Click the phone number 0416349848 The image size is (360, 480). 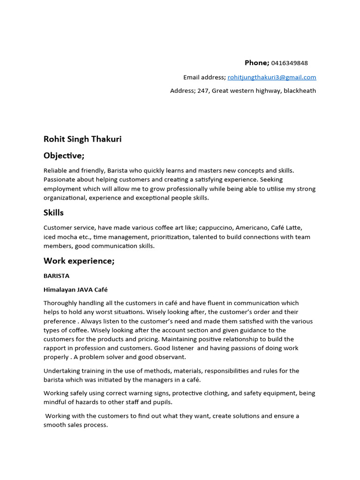coord(289,63)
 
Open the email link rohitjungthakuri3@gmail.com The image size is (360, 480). coord(271,77)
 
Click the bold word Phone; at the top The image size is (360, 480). coord(257,63)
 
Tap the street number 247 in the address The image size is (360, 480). coord(202,91)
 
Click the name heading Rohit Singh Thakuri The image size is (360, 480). coord(82,139)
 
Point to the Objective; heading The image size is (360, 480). coord(64,155)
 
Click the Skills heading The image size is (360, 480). coord(53,213)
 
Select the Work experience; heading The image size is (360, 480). coord(79,261)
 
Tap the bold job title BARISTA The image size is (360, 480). coord(56,276)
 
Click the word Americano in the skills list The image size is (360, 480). coord(248,228)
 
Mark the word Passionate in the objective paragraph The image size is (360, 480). coord(60,180)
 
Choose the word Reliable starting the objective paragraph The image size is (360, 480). coord(55,171)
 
